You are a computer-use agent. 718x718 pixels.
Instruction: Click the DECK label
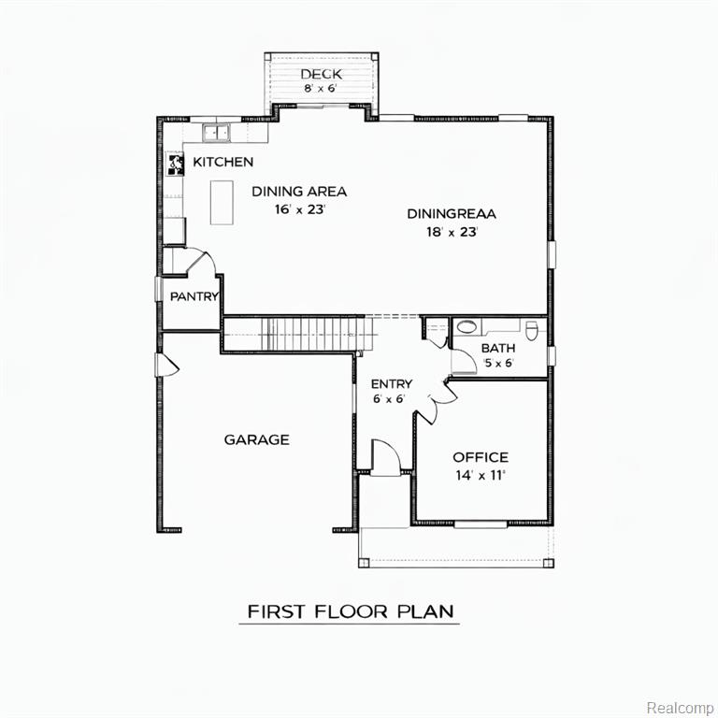pos(321,74)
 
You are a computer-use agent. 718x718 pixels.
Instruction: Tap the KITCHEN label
pos(223,162)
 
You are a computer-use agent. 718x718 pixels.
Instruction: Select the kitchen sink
pos(216,133)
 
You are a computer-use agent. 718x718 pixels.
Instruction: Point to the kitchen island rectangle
pos(222,202)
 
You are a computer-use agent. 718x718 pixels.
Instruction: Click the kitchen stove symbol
pos(175,164)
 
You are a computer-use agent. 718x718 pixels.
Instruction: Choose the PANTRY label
pos(194,296)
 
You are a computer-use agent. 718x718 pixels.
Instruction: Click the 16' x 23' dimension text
pos(300,209)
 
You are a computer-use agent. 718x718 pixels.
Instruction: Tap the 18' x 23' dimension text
pos(452,232)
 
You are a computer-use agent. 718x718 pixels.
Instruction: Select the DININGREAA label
pos(452,214)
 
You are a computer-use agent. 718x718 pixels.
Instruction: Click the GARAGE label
pos(256,439)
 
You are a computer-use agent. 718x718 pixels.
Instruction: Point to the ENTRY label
pos(392,383)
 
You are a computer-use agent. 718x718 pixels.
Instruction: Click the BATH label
pos(498,348)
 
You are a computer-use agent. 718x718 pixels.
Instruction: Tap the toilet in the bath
pos(532,331)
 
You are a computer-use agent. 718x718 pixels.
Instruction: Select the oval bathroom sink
pos(467,327)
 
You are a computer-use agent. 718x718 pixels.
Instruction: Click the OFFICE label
pos(481,457)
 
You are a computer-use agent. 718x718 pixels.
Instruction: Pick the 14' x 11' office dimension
pos(481,475)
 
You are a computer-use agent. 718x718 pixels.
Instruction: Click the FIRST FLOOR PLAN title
pos(351,611)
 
